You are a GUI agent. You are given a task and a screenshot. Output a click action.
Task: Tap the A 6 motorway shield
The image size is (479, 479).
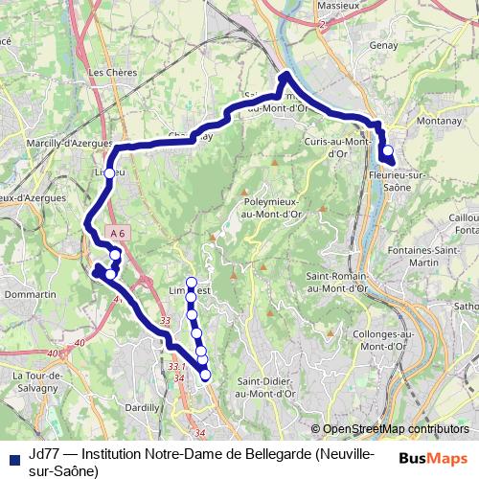coord(117,233)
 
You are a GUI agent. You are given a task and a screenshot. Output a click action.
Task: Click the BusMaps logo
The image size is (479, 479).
coord(433,457)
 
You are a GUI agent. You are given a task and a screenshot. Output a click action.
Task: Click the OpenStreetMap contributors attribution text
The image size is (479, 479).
coord(395,429)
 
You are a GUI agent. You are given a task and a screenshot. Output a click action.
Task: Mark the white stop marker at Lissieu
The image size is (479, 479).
coord(109,172)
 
